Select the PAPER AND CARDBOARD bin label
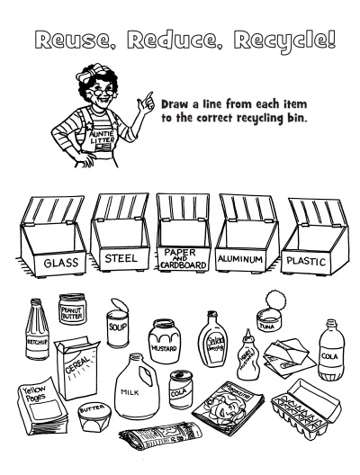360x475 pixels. point(184,258)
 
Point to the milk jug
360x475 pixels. point(130,387)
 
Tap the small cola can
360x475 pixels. point(182,389)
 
